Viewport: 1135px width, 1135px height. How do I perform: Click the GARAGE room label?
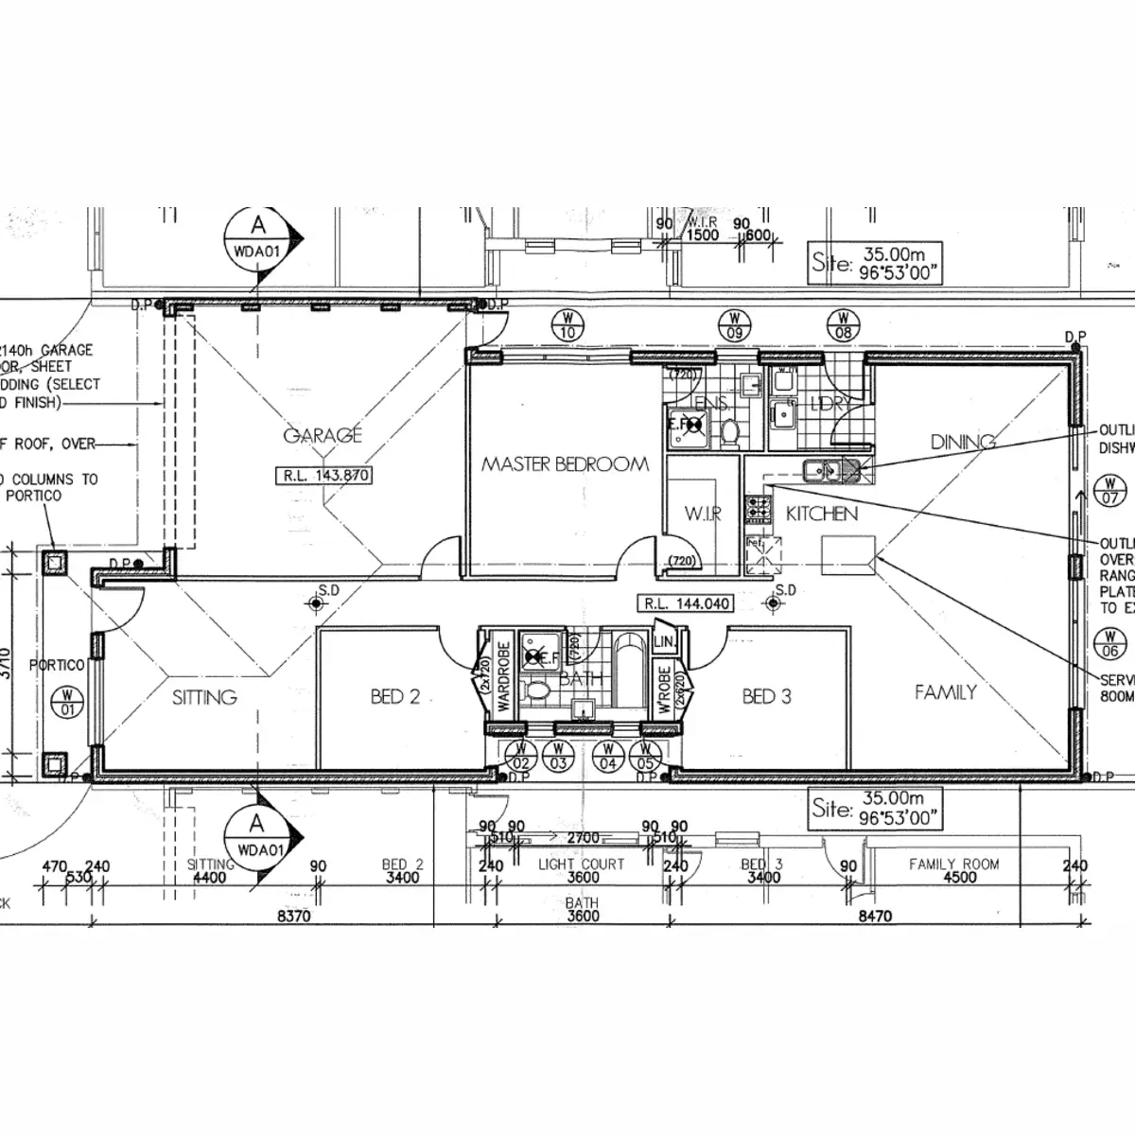point(323,435)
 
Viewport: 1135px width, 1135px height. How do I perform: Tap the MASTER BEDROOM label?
point(565,464)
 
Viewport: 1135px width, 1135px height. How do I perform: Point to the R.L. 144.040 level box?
point(687,603)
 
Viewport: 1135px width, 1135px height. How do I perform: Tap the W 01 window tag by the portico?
point(68,703)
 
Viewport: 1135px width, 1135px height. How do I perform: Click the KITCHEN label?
point(822,514)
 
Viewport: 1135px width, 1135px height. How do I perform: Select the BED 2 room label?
point(395,697)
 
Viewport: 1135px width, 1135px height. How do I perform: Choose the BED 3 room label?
point(766,697)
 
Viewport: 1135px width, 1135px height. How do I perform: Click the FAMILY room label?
point(945,692)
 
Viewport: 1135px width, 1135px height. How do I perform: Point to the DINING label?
point(963,442)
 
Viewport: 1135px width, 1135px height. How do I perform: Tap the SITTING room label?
point(204,698)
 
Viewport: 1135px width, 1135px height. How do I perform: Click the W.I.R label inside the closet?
point(703,515)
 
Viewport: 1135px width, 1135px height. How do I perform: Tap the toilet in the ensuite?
point(730,433)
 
